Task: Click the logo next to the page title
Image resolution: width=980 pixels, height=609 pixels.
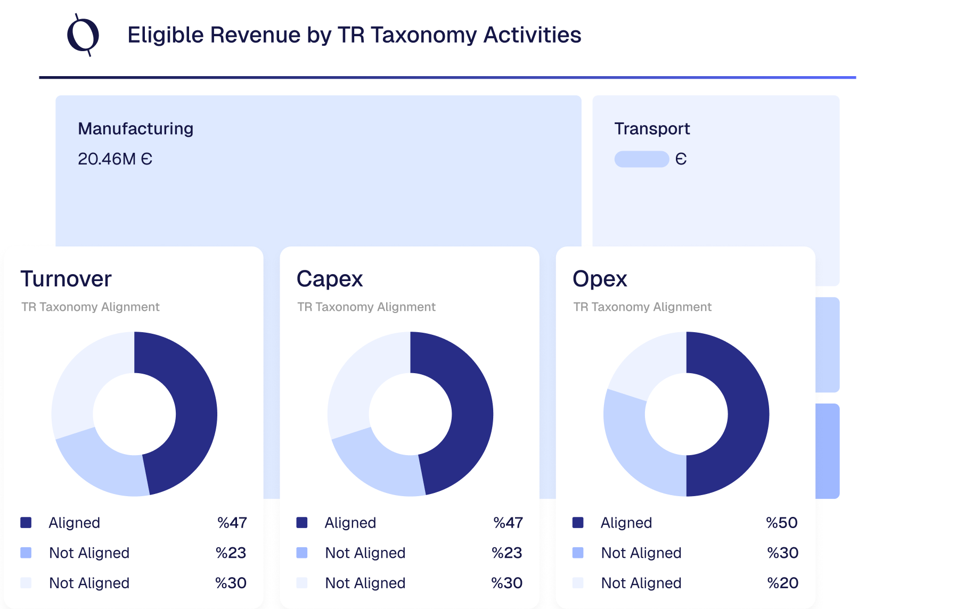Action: (83, 35)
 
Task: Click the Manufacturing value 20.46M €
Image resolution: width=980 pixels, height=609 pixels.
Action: (115, 159)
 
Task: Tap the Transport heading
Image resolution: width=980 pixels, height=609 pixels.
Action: (652, 129)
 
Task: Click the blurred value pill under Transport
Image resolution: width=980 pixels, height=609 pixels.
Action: (641, 159)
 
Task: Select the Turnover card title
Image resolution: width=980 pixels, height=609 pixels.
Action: (66, 279)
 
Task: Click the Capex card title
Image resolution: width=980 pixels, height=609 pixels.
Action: (330, 279)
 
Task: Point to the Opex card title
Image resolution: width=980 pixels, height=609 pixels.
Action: (600, 279)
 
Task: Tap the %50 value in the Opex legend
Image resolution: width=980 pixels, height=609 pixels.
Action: (781, 523)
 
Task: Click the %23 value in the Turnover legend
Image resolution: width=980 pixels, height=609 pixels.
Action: (231, 553)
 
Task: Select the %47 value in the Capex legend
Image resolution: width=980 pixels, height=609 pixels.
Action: (508, 523)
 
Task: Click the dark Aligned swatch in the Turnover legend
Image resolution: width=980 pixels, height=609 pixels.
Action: (26, 523)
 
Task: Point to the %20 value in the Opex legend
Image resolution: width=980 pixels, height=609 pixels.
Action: (782, 583)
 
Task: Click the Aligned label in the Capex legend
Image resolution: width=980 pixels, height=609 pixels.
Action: (350, 523)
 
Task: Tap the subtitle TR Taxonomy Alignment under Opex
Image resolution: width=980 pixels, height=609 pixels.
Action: (642, 307)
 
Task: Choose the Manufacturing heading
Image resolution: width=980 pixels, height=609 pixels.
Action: (136, 129)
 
